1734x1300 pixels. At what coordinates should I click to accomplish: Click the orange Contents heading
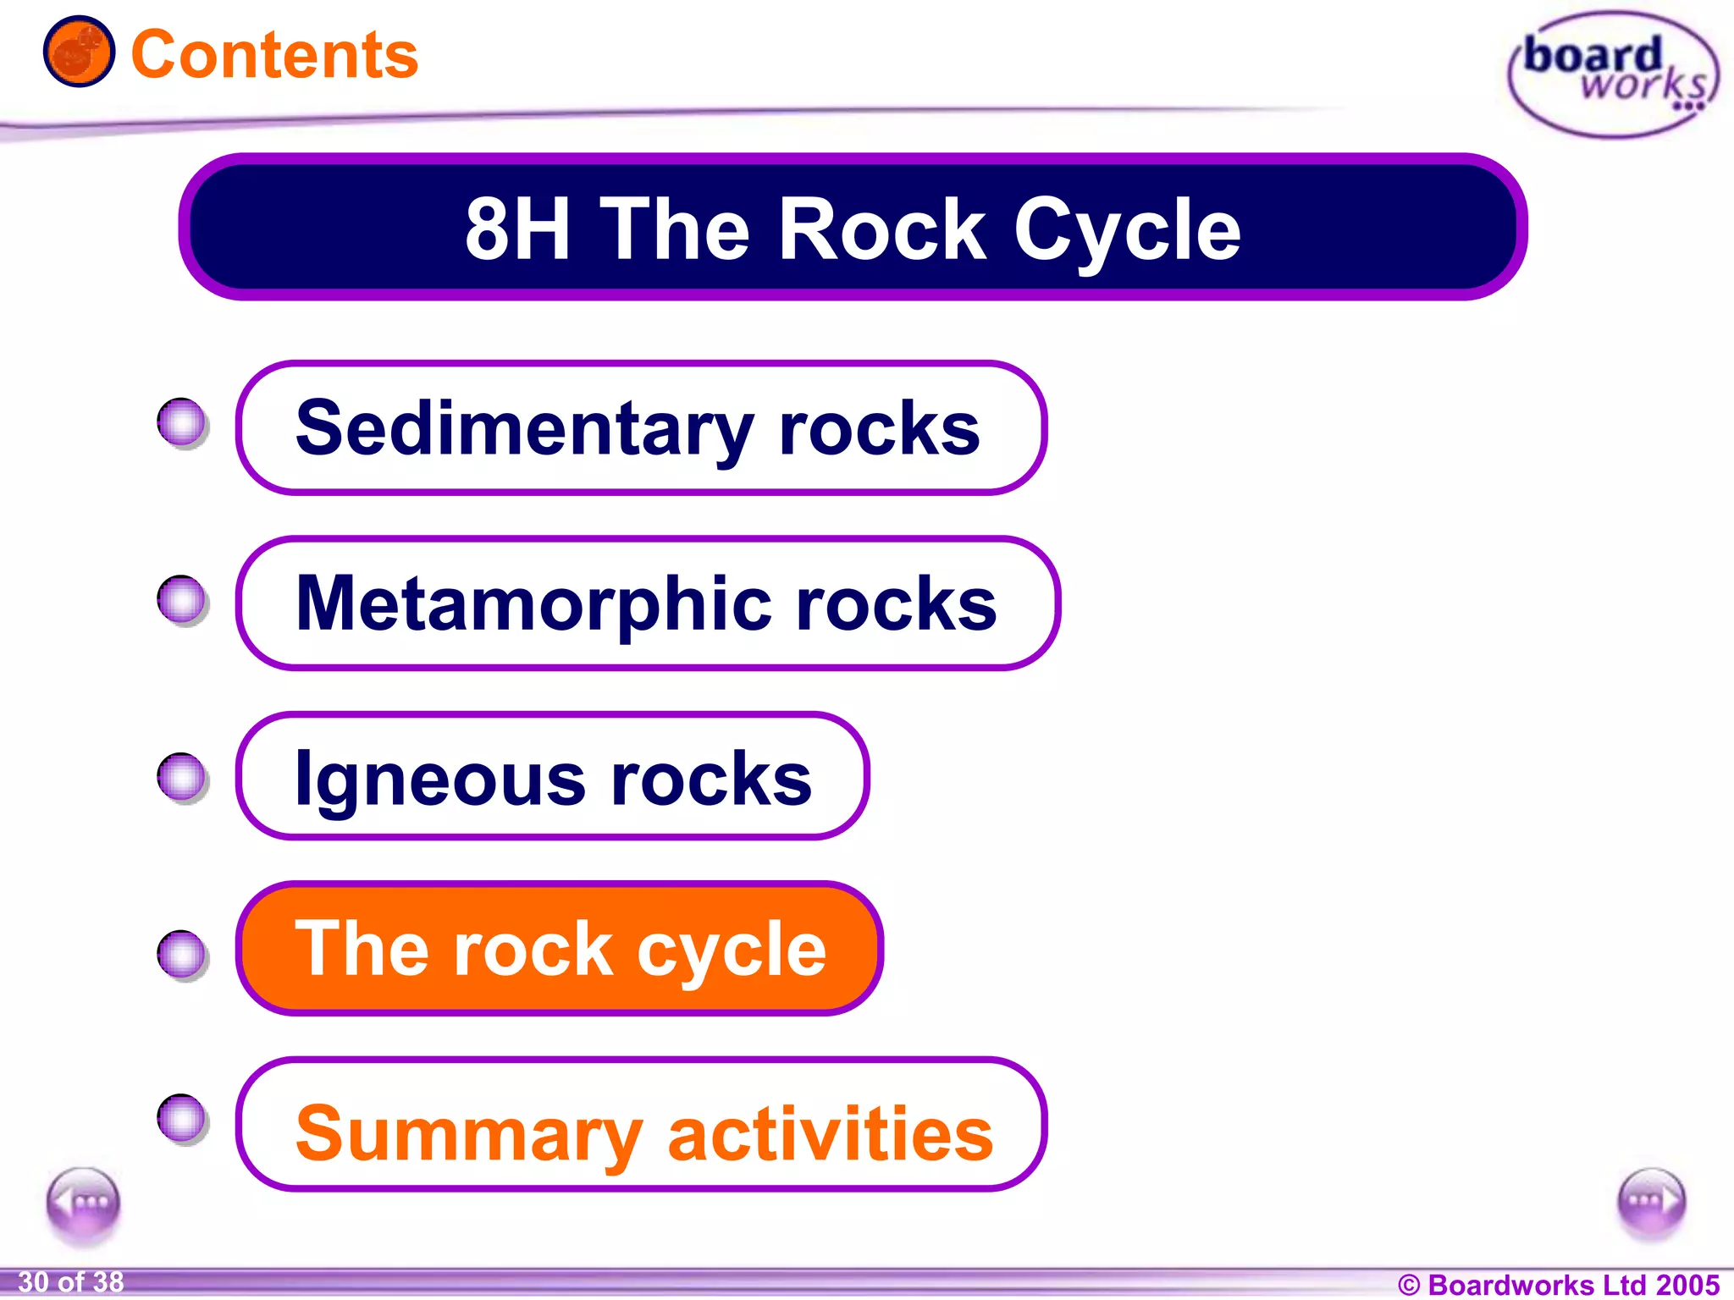point(274,55)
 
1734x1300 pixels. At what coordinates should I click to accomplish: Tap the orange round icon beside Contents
point(79,52)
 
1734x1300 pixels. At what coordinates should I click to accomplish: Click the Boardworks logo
point(1613,74)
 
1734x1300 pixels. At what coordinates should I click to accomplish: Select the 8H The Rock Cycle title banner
point(853,227)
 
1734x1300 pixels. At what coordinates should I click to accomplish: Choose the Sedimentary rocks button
point(641,428)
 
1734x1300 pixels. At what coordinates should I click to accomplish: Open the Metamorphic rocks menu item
point(648,603)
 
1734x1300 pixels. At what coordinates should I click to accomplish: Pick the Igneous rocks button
point(553,777)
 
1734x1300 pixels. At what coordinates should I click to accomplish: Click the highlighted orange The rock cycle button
point(560,949)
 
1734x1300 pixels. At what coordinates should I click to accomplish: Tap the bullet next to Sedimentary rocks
point(182,422)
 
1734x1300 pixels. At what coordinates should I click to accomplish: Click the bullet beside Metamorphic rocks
point(182,600)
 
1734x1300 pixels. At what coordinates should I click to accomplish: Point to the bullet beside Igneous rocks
point(182,776)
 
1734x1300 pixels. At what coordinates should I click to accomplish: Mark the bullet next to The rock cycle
point(182,955)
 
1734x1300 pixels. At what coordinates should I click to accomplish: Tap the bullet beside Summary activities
point(182,1118)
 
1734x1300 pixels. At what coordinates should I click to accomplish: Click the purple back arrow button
point(83,1203)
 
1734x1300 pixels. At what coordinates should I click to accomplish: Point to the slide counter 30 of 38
point(71,1282)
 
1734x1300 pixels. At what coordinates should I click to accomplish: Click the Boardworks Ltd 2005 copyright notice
point(1559,1284)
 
